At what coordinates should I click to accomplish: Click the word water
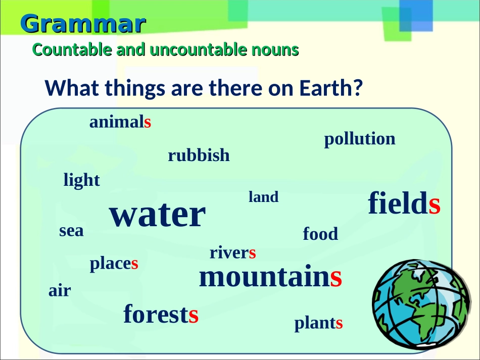pyautogui.click(x=157, y=216)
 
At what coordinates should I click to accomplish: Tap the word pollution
pyautogui.click(x=360, y=139)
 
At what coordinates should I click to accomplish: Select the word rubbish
pyautogui.click(x=199, y=156)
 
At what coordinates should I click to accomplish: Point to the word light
pyautogui.click(x=81, y=180)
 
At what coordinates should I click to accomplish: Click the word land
pyautogui.click(x=263, y=197)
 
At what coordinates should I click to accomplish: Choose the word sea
pyautogui.click(x=71, y=231)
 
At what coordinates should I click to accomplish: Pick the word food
pyautogui.click(x=320, y=234)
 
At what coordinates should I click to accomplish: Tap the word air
pyautogui.click(x=60, y=291)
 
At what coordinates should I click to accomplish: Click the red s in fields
pyautogui.click(x=435, y=204)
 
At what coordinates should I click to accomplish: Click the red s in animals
pyautogui.click(x=148, y=123)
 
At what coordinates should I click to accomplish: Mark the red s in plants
pyautogui.click(x=339, y=324)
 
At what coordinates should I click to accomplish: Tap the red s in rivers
pyautogui.click(x=253, y=253)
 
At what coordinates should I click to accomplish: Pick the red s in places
pyautogui.click(x=135, y=264)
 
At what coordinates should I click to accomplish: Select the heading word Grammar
pyautogui.click(x=83, y=24)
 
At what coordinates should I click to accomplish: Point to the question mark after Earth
pyautogui.click(x=358, y=88)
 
